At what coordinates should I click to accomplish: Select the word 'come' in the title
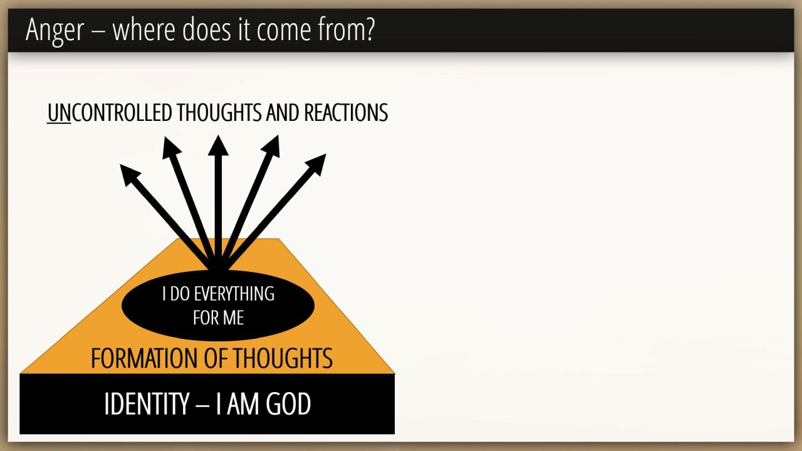(283, 31)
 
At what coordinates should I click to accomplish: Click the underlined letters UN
(59, 113)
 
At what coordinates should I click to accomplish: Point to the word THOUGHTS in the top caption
(219, 113)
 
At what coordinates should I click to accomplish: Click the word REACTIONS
(346, 113)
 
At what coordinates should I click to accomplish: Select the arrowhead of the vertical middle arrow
(218, 145)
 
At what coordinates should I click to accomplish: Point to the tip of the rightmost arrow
(326, 154)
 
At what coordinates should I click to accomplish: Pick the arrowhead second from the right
(272, 145)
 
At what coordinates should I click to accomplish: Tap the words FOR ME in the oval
(219, 318)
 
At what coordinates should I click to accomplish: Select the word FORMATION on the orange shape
(144, 358)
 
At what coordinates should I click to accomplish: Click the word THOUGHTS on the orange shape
(283, 358)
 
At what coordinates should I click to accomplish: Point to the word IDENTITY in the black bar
(147, 403)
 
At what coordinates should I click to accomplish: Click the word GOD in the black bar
(288, 403)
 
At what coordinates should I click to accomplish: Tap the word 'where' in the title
(144, 29)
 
